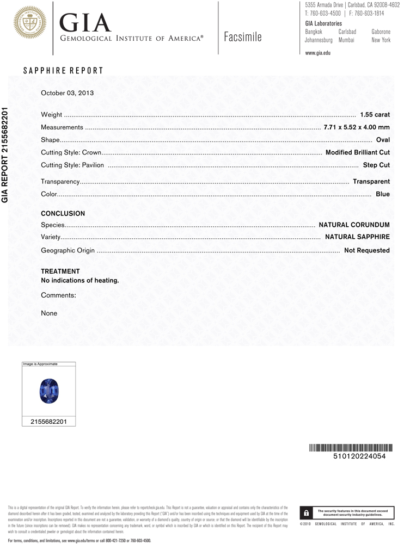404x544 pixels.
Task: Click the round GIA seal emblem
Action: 29,22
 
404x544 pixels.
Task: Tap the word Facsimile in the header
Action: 242,37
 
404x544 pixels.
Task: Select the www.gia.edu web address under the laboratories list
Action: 318,53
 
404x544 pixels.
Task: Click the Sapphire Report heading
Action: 63,71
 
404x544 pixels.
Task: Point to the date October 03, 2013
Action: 68,93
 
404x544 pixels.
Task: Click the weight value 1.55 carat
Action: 375,115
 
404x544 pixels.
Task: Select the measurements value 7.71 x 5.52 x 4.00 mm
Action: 357,127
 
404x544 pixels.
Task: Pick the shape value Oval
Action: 383,140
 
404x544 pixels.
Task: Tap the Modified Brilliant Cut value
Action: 357,152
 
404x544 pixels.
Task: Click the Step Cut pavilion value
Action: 376,165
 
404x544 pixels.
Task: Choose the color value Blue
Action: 383,194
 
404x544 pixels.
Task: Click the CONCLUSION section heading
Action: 63,214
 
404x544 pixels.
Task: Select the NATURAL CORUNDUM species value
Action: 354,225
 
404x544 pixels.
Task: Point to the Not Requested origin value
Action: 366,251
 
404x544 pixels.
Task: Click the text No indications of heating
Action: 80,281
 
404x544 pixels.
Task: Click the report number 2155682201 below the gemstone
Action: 48,422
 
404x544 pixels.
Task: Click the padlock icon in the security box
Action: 307,512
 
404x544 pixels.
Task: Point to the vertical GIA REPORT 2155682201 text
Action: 5,154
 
